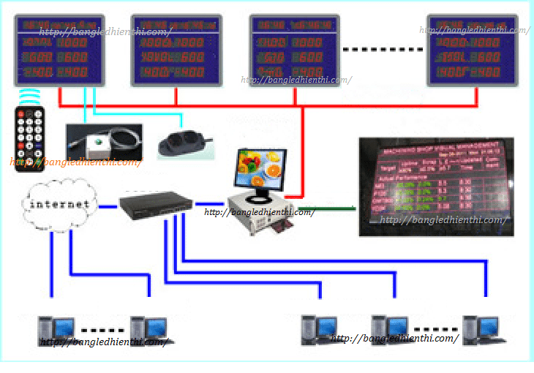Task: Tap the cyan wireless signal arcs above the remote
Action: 29,97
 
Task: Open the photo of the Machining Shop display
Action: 436,186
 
